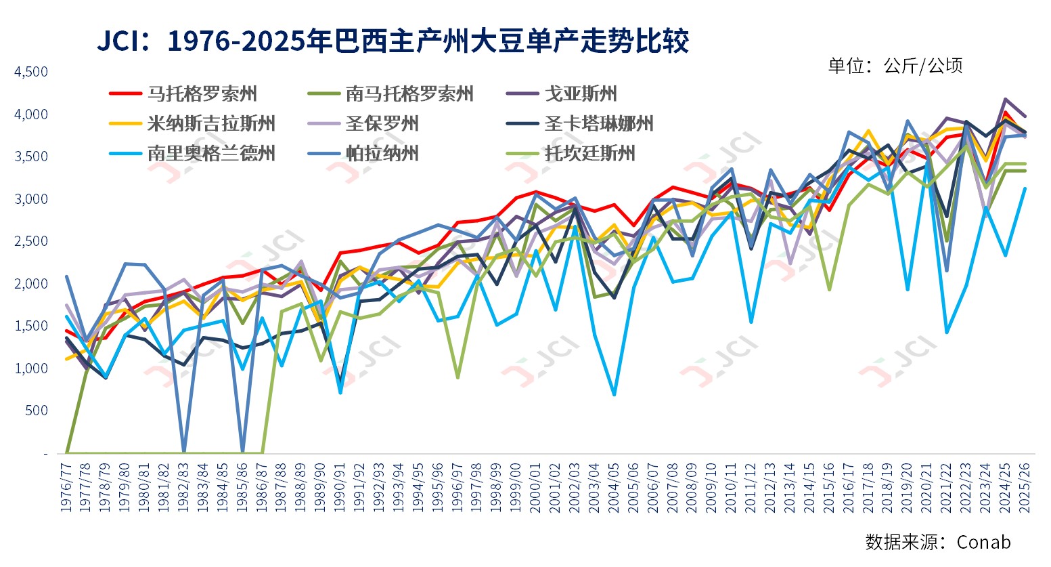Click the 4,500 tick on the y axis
pyautogui.click(x=31, y=72)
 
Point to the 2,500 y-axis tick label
pyautogui.click(x=31, y=241)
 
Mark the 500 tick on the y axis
pyautogui.click(x=37, y=411)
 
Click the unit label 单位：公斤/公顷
pyautogui.click(x=895, y=66)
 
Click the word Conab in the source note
pyautogui.click(x=984, y=542)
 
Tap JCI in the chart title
pyautogui.click(x=120, y=42)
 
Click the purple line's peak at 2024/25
pyautogui.click(x=1006, y=100)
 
